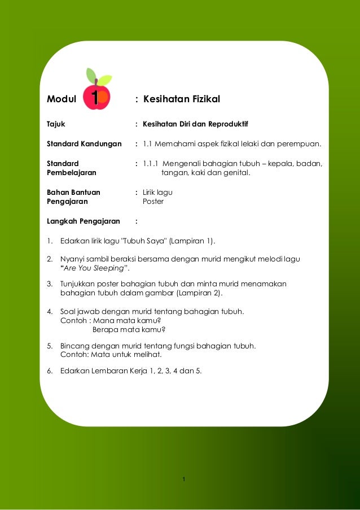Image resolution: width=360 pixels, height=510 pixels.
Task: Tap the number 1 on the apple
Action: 95,98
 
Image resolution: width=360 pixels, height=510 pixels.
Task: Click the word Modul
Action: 62,99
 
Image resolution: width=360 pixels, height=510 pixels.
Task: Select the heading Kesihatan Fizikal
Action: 181,99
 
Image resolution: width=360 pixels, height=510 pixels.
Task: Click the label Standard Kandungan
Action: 84,144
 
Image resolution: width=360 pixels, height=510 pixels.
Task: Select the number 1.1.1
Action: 151,164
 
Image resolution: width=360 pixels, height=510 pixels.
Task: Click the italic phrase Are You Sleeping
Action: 94,268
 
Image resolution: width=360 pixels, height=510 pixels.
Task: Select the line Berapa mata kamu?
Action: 129,330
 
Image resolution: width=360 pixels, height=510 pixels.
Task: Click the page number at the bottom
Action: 184,480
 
